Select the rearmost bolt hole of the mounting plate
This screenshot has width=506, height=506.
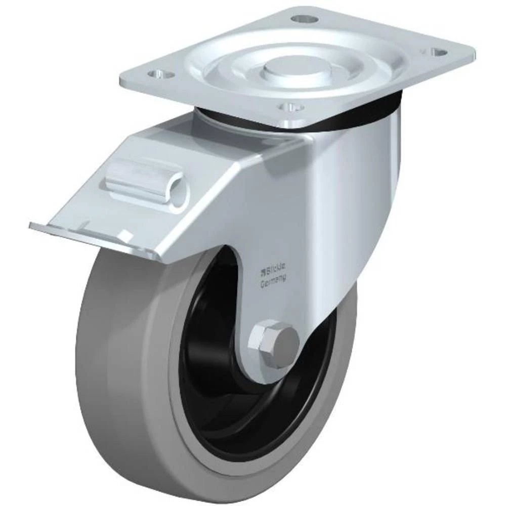point(305,19)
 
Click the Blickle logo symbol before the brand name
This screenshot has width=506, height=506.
point(263,268)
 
